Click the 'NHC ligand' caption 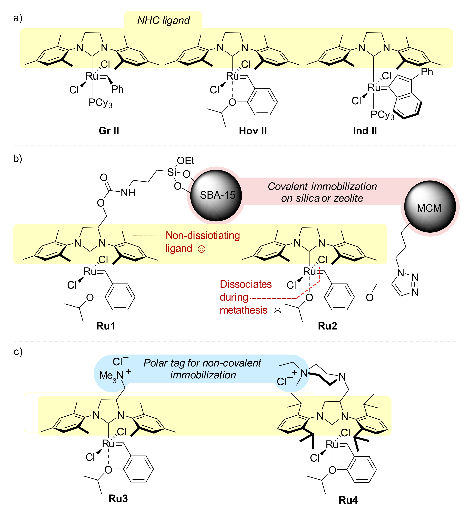pyautogui.click(x=163, y=20)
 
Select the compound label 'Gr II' pyautogui.click(x=109, y=131)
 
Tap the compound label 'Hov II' pyautogui.click(x=253, y=131)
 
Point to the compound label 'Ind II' pyautogui.click(x=365, y=131)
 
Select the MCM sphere pyautogui.click(x=430, y=207)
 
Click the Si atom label pyautogui.click(x=172, y=172)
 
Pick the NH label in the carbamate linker pyautogui.click(x=128, y=193)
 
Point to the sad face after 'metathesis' pyautogui.click(x=277, y=310)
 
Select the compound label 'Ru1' pyautogui.click(x=106, y=326)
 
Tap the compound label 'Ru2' pyautogui.click(x=327, y=326)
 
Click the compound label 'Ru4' pyautogui.click(x=348, y=500)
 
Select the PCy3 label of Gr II pyautogui.click(x=100, y=103)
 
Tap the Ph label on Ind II pyautogui.click(x=427, y=72)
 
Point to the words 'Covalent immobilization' pyautogui.click(x=322, y=186)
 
